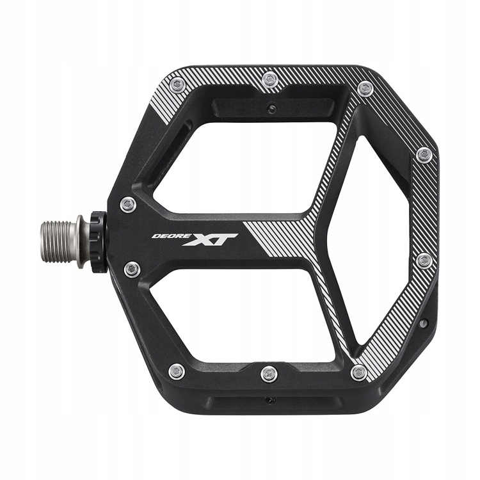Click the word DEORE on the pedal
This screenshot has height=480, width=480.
(x=166, y=236)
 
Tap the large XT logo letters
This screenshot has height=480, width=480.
(x=211, y=239)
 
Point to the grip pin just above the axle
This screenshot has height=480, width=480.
(x=128, y=204)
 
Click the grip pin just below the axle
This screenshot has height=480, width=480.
(x=132, y=269)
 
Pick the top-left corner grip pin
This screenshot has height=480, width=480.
(x=179, y=84)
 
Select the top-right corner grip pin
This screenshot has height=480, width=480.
(x=365, y=88)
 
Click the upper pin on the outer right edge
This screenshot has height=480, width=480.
(x=424, y=155)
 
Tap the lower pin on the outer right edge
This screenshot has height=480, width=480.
(x=424, y=260)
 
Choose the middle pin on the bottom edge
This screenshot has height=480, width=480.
(x=269, y=373)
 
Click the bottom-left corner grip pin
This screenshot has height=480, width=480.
(x=177, y=371)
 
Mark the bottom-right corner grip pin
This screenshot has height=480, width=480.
(x=360, y=372)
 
